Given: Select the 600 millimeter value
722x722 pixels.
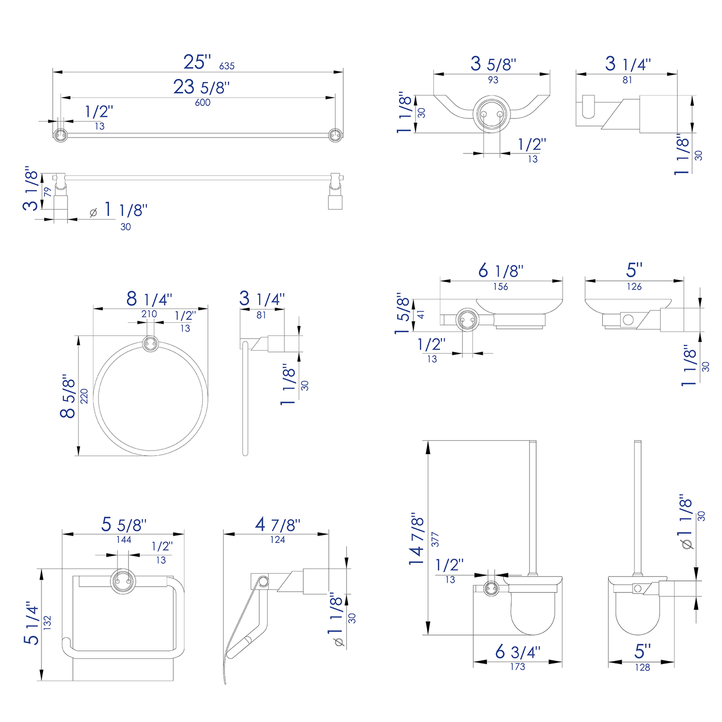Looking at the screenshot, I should point(202,102).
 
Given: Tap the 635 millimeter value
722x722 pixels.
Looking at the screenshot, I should point(226,66).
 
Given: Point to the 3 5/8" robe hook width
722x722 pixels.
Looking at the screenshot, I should point(493,64).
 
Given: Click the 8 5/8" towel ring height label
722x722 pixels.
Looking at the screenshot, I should point(68,398).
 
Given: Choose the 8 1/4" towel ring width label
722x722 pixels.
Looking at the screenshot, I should point(149,299).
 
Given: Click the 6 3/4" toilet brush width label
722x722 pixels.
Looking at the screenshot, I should point(518,652).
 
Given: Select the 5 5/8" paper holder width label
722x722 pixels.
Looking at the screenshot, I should point(124,525).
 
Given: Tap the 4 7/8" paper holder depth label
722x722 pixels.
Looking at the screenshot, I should point(277,525).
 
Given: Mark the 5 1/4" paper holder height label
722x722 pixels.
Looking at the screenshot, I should point(32,623).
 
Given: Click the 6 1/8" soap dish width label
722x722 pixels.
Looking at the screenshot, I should point(501,271).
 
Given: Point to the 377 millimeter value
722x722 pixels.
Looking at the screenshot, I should point(435,539).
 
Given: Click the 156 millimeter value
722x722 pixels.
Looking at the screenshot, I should point(500,287).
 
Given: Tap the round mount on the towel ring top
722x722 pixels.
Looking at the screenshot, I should point(150,344).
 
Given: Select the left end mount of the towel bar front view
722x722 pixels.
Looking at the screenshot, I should point(60,135).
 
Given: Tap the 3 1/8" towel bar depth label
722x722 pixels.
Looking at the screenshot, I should point(30,188).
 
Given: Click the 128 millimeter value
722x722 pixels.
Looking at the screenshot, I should point(642,668).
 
